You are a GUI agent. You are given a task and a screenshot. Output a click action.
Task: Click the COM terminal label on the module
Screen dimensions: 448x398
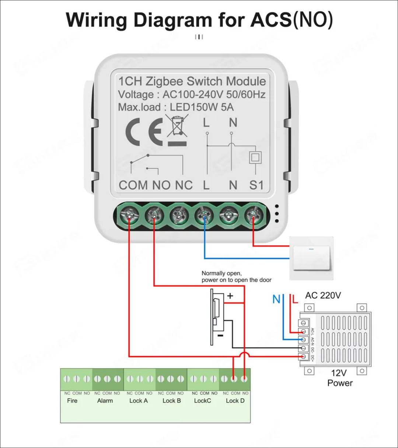(x=133, y=185)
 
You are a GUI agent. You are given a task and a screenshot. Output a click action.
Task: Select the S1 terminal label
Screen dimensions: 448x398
(x=256, y=185)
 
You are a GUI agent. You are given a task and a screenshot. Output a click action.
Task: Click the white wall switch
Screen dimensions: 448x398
(x=311, y=258)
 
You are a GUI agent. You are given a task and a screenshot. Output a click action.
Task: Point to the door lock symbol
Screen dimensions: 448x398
(x=216, y=316)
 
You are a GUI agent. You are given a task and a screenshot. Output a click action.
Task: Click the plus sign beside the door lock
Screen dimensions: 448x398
(x=230, y=296)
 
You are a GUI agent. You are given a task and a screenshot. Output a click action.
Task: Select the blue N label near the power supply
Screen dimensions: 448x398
(x=276, y=299)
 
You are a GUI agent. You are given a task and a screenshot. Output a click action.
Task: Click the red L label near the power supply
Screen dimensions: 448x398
(x=294, y=299)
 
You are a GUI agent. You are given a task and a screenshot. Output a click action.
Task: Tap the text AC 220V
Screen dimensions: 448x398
(x=323, y=295)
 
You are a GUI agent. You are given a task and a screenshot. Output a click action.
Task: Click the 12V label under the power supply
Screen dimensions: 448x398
(x=339, y=373)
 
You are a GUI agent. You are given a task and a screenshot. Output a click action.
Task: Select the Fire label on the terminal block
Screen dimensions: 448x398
(x=72, y=401)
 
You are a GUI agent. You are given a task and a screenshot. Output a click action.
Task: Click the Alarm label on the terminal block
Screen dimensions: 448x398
(x=105, y=401)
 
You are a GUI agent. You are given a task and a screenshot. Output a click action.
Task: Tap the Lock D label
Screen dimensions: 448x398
(x=235, y=401)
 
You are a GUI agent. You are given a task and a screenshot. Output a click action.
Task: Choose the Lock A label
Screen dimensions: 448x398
(x=139, y=401)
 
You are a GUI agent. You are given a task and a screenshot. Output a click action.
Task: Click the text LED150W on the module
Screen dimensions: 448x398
(x=191, y=107)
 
